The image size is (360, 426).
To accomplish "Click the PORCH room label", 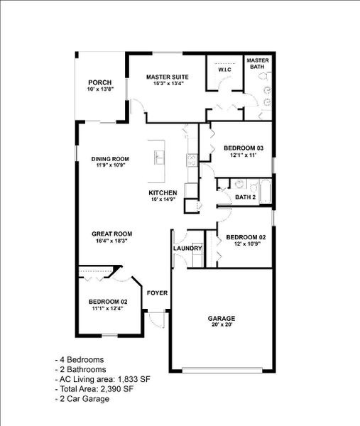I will (x=100, y=82).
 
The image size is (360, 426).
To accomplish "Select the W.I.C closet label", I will (x=224, y=70).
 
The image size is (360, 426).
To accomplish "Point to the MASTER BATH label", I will (x=258, y=64).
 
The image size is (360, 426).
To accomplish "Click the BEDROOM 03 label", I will (x=244, y=148).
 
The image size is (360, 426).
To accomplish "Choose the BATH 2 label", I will (x=245, y=197).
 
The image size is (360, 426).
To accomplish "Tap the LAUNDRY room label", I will (x=188, y=248).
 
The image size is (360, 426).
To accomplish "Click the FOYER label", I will (x=156, y=293).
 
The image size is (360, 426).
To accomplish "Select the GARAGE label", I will (x=221, y=318).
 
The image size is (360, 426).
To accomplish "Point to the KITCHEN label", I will (x=163, y=193).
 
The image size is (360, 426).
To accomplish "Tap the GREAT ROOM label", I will (x=112, y=234).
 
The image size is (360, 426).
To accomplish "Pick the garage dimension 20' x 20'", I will (x=221, y=325).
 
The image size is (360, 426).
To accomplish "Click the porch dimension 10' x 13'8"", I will (x=100, y=89).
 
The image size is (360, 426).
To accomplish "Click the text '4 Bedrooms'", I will (x=80, y=359).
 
